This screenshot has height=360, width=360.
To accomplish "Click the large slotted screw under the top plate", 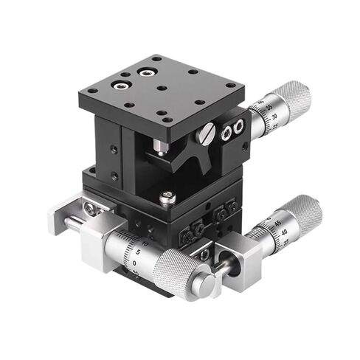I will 208,134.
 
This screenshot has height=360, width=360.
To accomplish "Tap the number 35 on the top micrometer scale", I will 264,109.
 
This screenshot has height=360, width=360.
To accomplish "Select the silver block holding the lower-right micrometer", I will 243,255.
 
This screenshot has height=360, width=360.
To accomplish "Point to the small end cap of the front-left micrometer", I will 210,283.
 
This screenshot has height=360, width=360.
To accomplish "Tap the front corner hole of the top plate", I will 169,120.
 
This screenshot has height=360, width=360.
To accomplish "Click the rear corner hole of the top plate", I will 156,57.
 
